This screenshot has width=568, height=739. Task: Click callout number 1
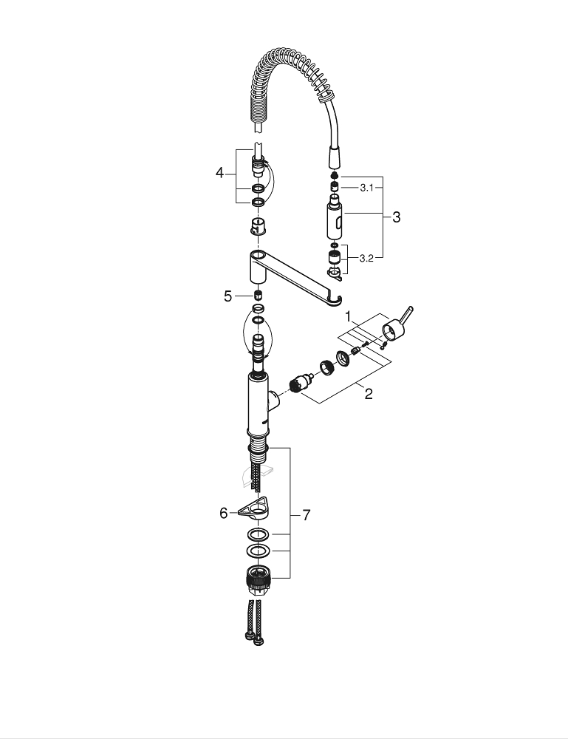tap(349, 316)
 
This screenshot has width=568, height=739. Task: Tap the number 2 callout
tap(368, 394)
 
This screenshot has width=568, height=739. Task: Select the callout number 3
tap(396, 217)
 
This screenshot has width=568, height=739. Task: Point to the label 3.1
tap(367, 188)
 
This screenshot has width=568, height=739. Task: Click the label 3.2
tap(367, 259)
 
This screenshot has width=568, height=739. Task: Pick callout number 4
tap(219, 173)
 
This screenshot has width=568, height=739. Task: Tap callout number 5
tap(228, 296)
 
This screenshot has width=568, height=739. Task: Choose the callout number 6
tap(224, 512)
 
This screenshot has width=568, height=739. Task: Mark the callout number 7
tap(307, 515)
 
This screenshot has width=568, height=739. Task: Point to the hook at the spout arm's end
tap(337, 299)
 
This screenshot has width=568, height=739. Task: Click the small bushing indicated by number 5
tap(258, 296)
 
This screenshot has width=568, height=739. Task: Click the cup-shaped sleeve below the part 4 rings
tap(258, 225)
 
